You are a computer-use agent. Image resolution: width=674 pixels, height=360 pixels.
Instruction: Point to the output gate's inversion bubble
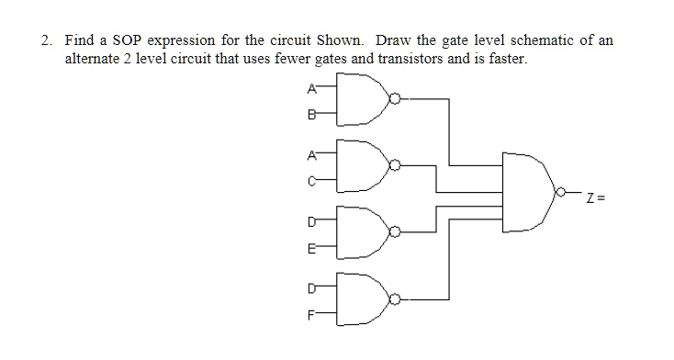pyautogui.click(x=558, y=194)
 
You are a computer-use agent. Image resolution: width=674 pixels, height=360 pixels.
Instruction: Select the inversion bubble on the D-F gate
pyautogui.click(x=396, y=299)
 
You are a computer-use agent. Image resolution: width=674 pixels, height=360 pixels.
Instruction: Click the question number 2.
pyautogui.click(x=46, y=41)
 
